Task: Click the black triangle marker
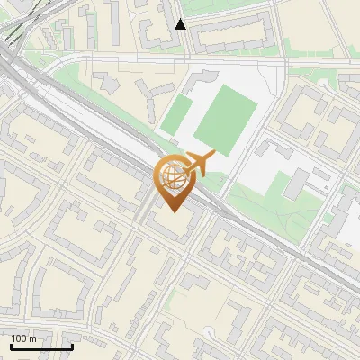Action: pos(181,24)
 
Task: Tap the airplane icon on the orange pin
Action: pos(197,164)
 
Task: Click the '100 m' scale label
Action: pos(24,338)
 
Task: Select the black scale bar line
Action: pos(41,346)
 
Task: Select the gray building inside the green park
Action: pos(297,185)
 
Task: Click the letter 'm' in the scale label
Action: pos(32,338)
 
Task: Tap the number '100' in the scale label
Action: pos(19,338)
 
